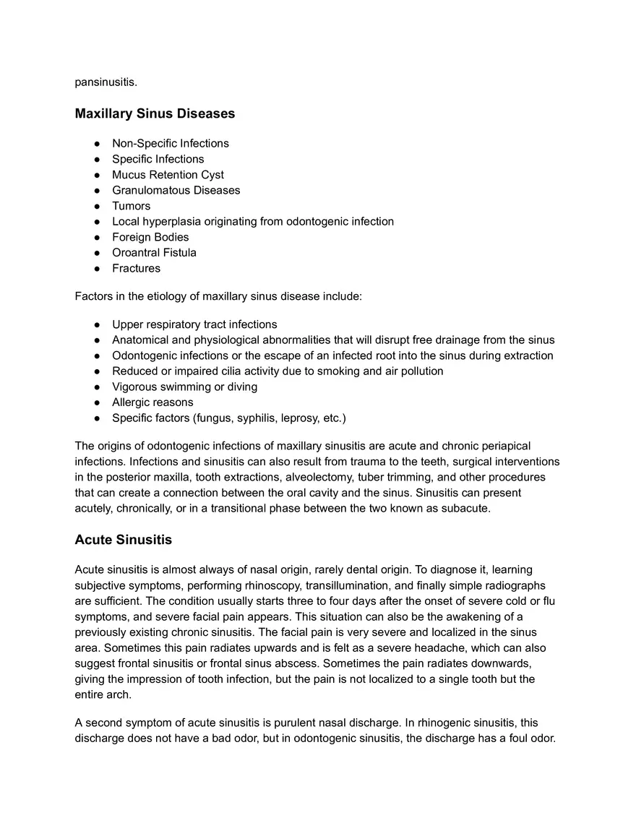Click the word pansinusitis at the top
(x=106, y=82)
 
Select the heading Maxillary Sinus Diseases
(x=155, y=113)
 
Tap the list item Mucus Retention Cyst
(x=168, y=175)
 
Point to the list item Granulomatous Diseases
(x=176, y=190)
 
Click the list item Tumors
(x=131, y=206)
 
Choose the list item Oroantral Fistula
(x=154, y=253)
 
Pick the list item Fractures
(x=136, y=268)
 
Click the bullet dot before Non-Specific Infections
(x=96, y=144)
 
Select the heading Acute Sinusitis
(x=123, y=540)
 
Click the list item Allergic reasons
(x=152, y=402)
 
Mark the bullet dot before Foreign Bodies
(x=96, y=238)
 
